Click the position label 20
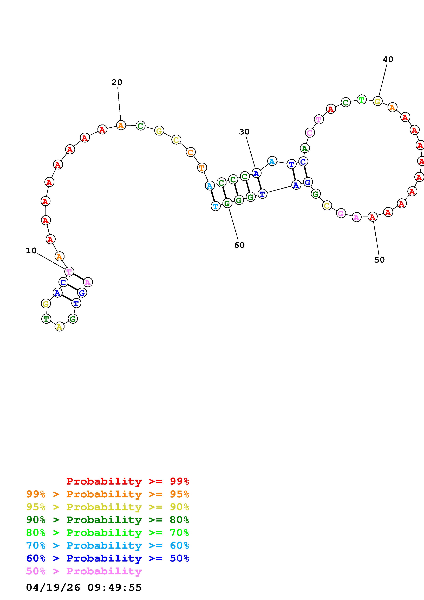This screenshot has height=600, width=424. click(x=117, y=82)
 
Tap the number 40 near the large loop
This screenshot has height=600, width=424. click(x=388, y=60)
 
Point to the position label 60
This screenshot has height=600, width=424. click(x=239, y=245)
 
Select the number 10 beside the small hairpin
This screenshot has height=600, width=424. click(x=31, y=251)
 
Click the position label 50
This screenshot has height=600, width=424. click(x=379, y=260)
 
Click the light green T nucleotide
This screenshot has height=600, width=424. click(x=362, y=100)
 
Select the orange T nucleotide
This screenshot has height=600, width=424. click(x=202, y=167)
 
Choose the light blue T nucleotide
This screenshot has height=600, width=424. click(x=216, y=206)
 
